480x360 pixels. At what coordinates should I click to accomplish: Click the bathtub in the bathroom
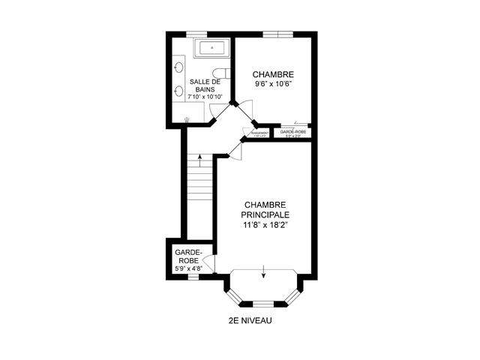[214, 49]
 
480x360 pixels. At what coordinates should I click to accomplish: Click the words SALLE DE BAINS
[205, 85]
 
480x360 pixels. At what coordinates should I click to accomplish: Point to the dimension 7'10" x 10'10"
[205, 97]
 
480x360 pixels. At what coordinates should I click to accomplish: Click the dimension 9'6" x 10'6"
[273, 84]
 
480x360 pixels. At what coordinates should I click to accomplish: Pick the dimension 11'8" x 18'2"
[265, 223]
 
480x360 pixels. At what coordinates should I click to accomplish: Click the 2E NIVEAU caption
[250, 320]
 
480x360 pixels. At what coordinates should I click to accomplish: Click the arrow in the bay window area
[264, 272]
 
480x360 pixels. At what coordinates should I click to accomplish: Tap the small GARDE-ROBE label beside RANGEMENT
[292, 131]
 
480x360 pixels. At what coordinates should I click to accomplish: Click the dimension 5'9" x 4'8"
[188, 267]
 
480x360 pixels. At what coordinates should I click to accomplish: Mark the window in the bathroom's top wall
[196, 33]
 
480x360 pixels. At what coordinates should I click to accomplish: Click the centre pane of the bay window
[263, 304]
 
